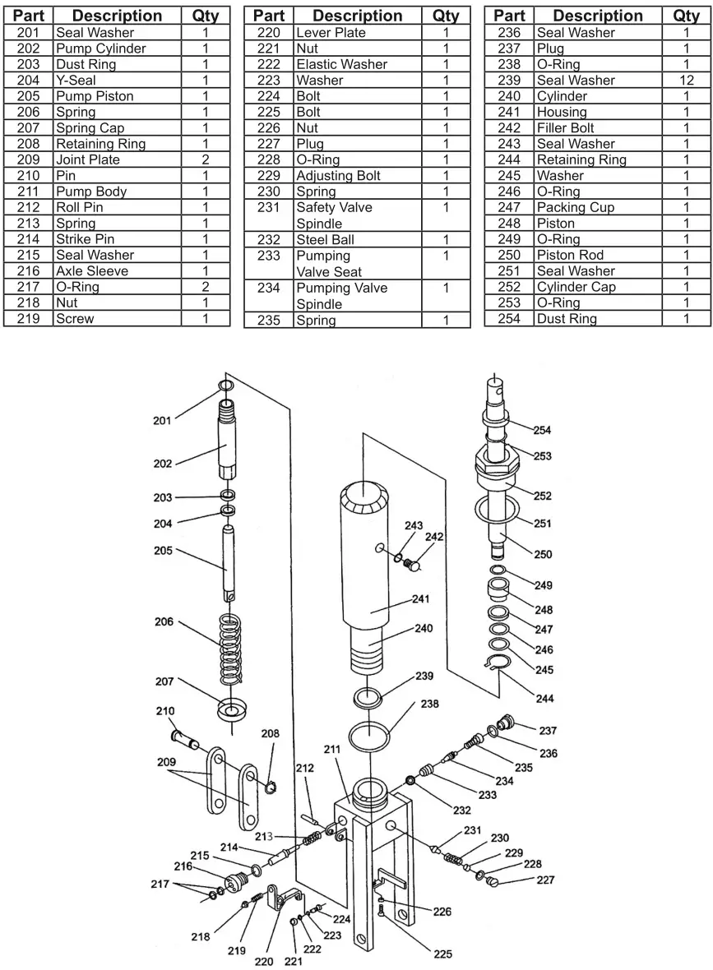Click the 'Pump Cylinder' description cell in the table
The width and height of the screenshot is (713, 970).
pos(100,48)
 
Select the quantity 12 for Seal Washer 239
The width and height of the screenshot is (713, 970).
pos(687,81)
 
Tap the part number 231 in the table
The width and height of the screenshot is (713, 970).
pos(268,208)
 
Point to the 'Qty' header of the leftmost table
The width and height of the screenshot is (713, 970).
pos(206,16)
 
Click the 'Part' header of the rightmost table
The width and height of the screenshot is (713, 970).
pos(509,16)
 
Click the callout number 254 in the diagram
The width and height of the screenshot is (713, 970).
pos(542,430)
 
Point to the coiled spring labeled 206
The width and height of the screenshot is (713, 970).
pos(231,649)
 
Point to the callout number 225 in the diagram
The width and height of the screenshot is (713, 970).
pos(442,954)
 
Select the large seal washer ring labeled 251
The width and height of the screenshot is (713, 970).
pos(494,509)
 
